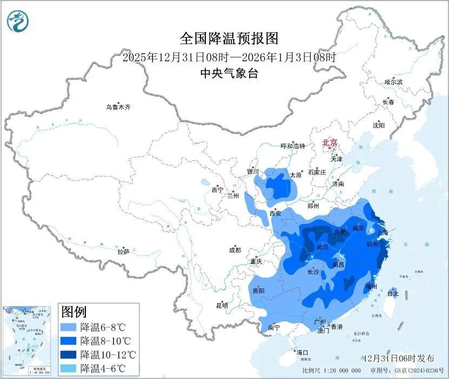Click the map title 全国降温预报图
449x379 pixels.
[x=229, y=39]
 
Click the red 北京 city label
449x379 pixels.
[x=330, y=143]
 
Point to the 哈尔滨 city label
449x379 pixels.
[x=393, y=82]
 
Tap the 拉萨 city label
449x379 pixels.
[x=123, y=251]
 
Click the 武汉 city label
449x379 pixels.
[x=322, y=247]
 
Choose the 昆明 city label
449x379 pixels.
[x=222, y=306]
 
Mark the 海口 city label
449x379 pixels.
[x=302, y=353]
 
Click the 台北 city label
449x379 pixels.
[x=392, y=294]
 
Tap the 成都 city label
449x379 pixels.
[x=235, y=250]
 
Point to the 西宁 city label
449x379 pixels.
[x=217, y=190]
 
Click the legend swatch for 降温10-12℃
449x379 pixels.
[x=69, y=355]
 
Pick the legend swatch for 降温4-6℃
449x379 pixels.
[x=69, y=368]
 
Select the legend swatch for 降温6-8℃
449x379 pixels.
[x=69, y=327]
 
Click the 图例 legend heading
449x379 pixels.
[x=73, y=312]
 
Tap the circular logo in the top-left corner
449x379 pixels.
[x=17, y=21]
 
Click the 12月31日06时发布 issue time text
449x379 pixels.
[x=399, y=358]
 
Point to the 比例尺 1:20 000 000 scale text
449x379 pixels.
[x=331, y=371]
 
